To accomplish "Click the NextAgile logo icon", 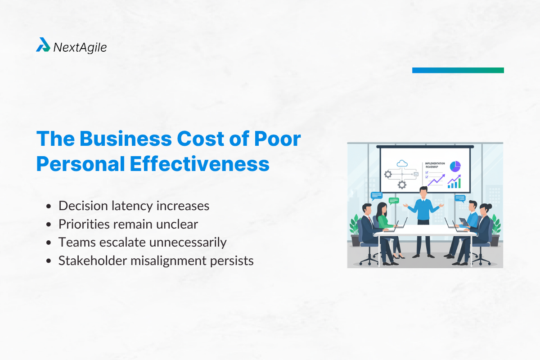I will (x=43, y=45).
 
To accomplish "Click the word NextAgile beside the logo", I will (x=80, y=47).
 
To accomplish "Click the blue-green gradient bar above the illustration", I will (x=458, y=70).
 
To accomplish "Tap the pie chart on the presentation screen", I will (x=455, y=166).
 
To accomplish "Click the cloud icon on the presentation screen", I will (x=402, y=164).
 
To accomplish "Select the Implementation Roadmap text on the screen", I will (x=435, y=165).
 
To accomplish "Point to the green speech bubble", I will (x=394, y=200).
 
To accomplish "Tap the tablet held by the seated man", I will (x=464, y=221).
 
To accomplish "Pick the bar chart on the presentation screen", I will (x=454, y=182).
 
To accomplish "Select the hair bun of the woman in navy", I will (x=488, y=206).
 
